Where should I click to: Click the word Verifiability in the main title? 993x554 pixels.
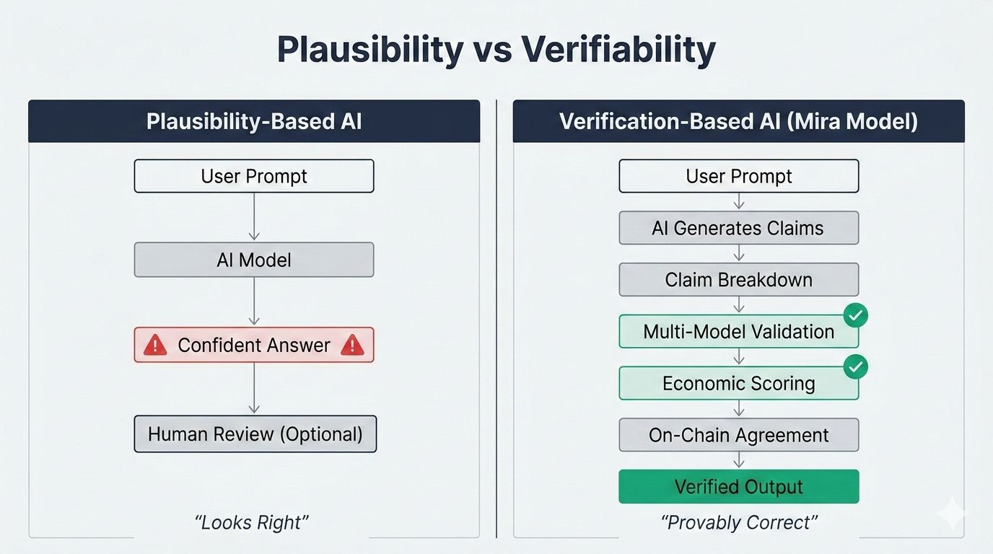click(618, 49)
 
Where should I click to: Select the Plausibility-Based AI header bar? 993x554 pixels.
click(254, 121)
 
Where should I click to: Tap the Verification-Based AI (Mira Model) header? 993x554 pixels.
click(738, 121)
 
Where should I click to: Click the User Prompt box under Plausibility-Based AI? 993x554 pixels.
click(254, 176)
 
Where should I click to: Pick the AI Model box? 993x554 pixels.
click(254, 260)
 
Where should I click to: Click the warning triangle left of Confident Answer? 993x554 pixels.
click(155, 345)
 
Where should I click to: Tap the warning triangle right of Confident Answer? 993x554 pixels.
click(352, 345)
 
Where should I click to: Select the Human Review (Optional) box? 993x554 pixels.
click(255, 434)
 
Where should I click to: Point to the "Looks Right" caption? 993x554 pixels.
click(251, 522)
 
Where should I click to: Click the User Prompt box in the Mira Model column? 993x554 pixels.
click(739, 176)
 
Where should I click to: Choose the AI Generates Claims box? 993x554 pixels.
click(739, 228)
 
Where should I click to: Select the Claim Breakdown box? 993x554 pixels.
click(739, 280)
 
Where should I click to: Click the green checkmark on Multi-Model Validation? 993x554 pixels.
click(856, 315)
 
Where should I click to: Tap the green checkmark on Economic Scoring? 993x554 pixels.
click(856, 367)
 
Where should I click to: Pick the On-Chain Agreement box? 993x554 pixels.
click(739, 435)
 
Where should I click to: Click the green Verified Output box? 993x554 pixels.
click(739, 487)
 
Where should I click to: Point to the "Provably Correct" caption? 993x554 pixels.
click(739, 522)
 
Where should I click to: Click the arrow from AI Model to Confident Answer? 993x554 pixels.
click(254, 302)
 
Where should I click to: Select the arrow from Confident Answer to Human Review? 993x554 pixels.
click(254, 388)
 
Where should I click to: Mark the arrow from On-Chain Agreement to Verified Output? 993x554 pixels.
click(739, 460)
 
